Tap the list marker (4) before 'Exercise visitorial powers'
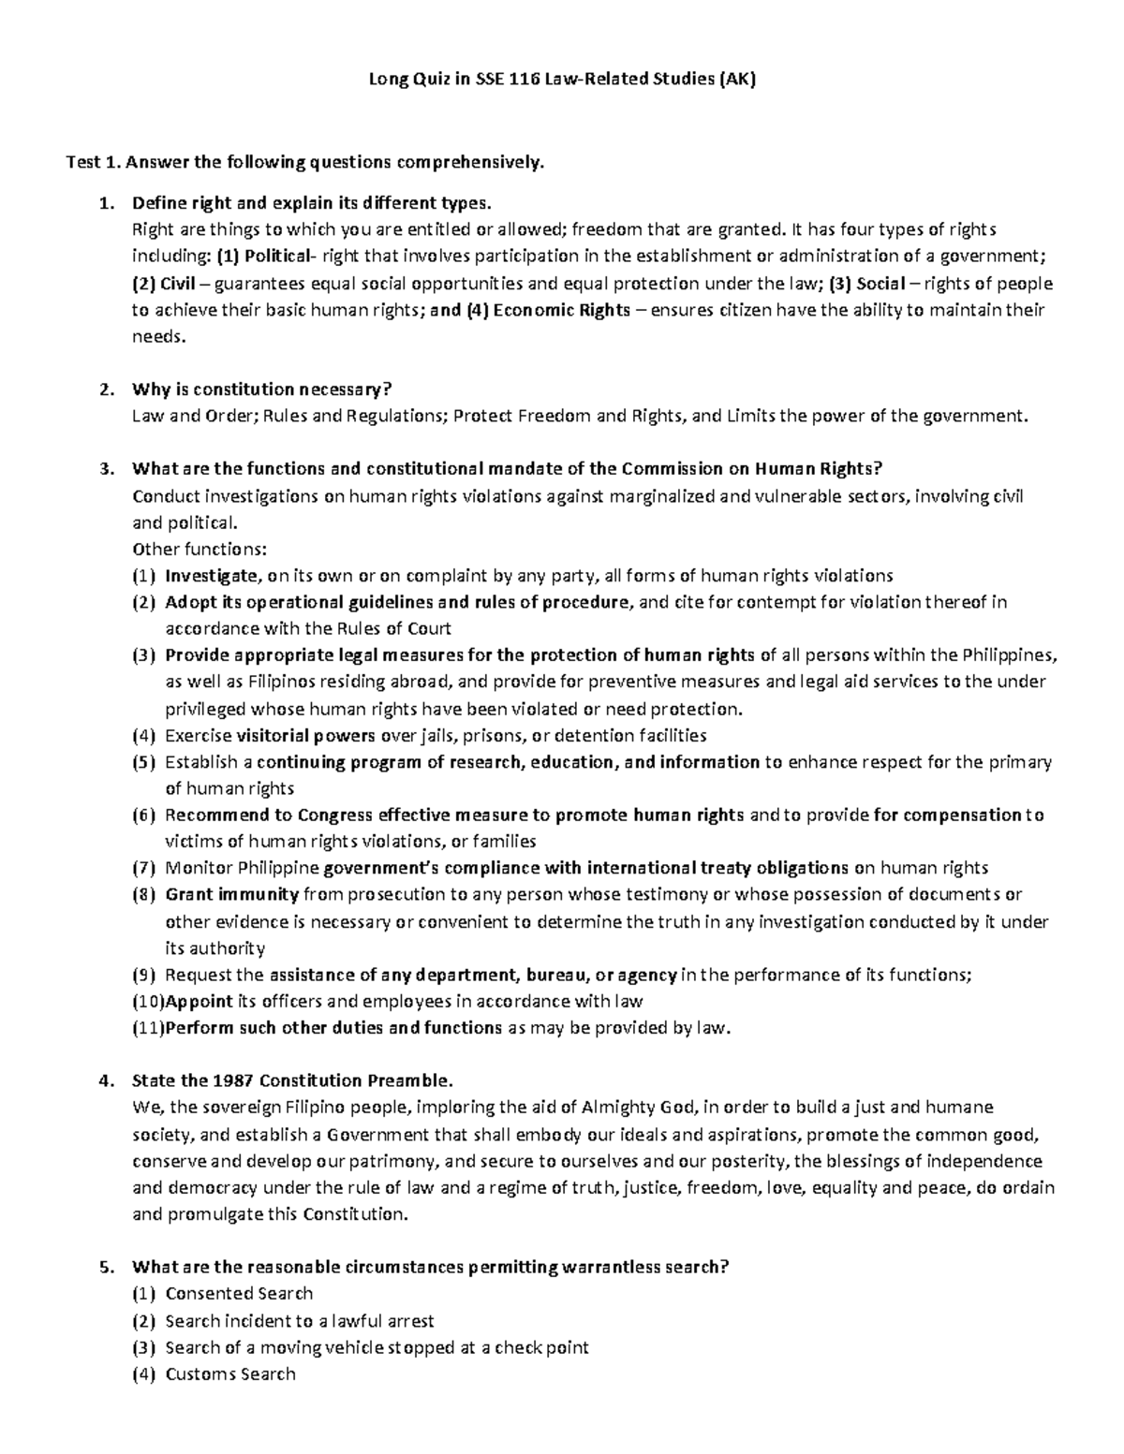pyautogui.click(x=145, y=735)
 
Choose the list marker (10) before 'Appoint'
pyautogui.click(x=148, y=1001)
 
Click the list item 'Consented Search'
pyautogui.click(x=239, y=1293)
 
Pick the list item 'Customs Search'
pyautogui.click(x=230, y=1373)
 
